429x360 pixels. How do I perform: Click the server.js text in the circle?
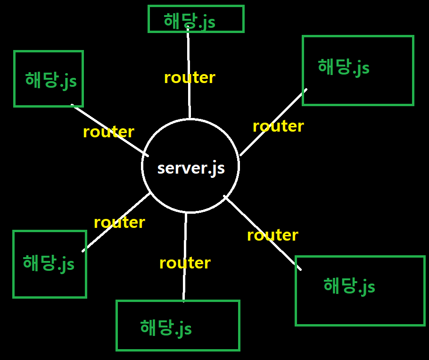tap(191, 168)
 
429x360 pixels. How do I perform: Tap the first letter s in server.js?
tap(161, 169)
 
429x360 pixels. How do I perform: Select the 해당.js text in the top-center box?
tap(190, 21)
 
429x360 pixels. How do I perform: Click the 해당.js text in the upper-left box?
tap(51, 80)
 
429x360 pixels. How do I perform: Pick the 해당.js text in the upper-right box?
tap(344, 67)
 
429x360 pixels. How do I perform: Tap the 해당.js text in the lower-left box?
tap(49, 263)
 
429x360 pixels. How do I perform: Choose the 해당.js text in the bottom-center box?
tap(166, 327)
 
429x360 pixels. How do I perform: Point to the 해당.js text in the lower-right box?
tap(349, 285)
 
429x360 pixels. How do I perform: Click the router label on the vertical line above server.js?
tap(190, 77)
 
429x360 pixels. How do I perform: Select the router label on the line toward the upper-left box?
tap(108, 132)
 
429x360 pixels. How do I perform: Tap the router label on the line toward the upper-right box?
tap(278, 126)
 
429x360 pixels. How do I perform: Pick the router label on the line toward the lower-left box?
tap(119, 222)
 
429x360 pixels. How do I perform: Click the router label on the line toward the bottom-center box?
tap(185, 263)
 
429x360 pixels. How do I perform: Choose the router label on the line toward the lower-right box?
tap(272, 235)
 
